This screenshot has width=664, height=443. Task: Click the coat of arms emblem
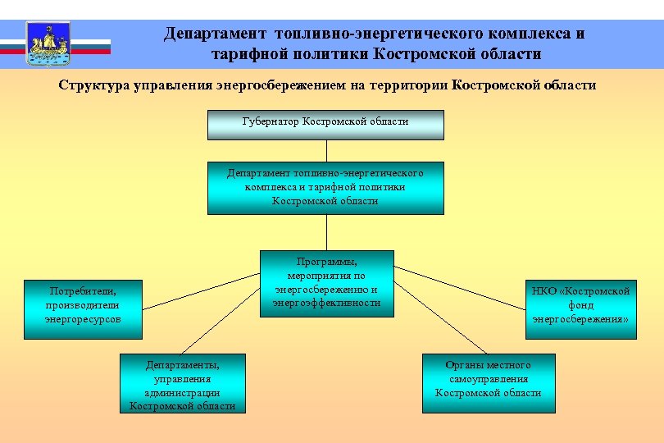click(x=48, y=44)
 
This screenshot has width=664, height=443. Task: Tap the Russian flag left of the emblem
click(x=12, y=44)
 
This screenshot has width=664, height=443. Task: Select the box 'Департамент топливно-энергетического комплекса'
click(x=325, y=188)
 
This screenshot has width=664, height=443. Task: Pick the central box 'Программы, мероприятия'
click(x=327, y=282)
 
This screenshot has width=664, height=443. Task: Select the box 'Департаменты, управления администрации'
click(x=182, y=383)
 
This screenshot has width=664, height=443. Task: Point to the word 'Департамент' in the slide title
click(x=216, y=34)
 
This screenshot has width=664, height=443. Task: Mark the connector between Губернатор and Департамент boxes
click(x=325, y=151)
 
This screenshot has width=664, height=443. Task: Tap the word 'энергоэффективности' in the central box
click(x=327, y=303)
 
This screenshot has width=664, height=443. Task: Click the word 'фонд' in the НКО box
click(x=580, y=305)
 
